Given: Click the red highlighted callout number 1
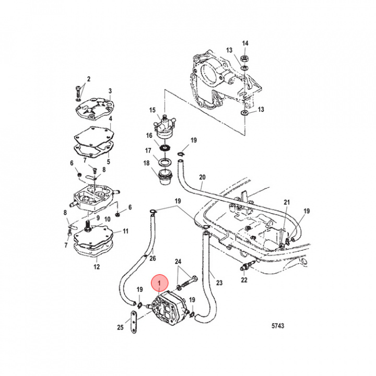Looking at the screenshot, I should click(160, 283).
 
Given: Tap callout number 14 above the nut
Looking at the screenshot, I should click(245, 43).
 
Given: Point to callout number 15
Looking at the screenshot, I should click(152, 110).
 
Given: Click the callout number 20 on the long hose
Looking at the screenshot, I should click(202, 177).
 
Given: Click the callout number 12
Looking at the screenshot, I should click(96, 267).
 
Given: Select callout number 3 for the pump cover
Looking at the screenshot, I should click(110, 91).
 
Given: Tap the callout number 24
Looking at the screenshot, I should click(178, 262).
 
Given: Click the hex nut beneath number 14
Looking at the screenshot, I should click(245, 56).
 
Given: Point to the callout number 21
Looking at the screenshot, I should click(286, 203).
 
